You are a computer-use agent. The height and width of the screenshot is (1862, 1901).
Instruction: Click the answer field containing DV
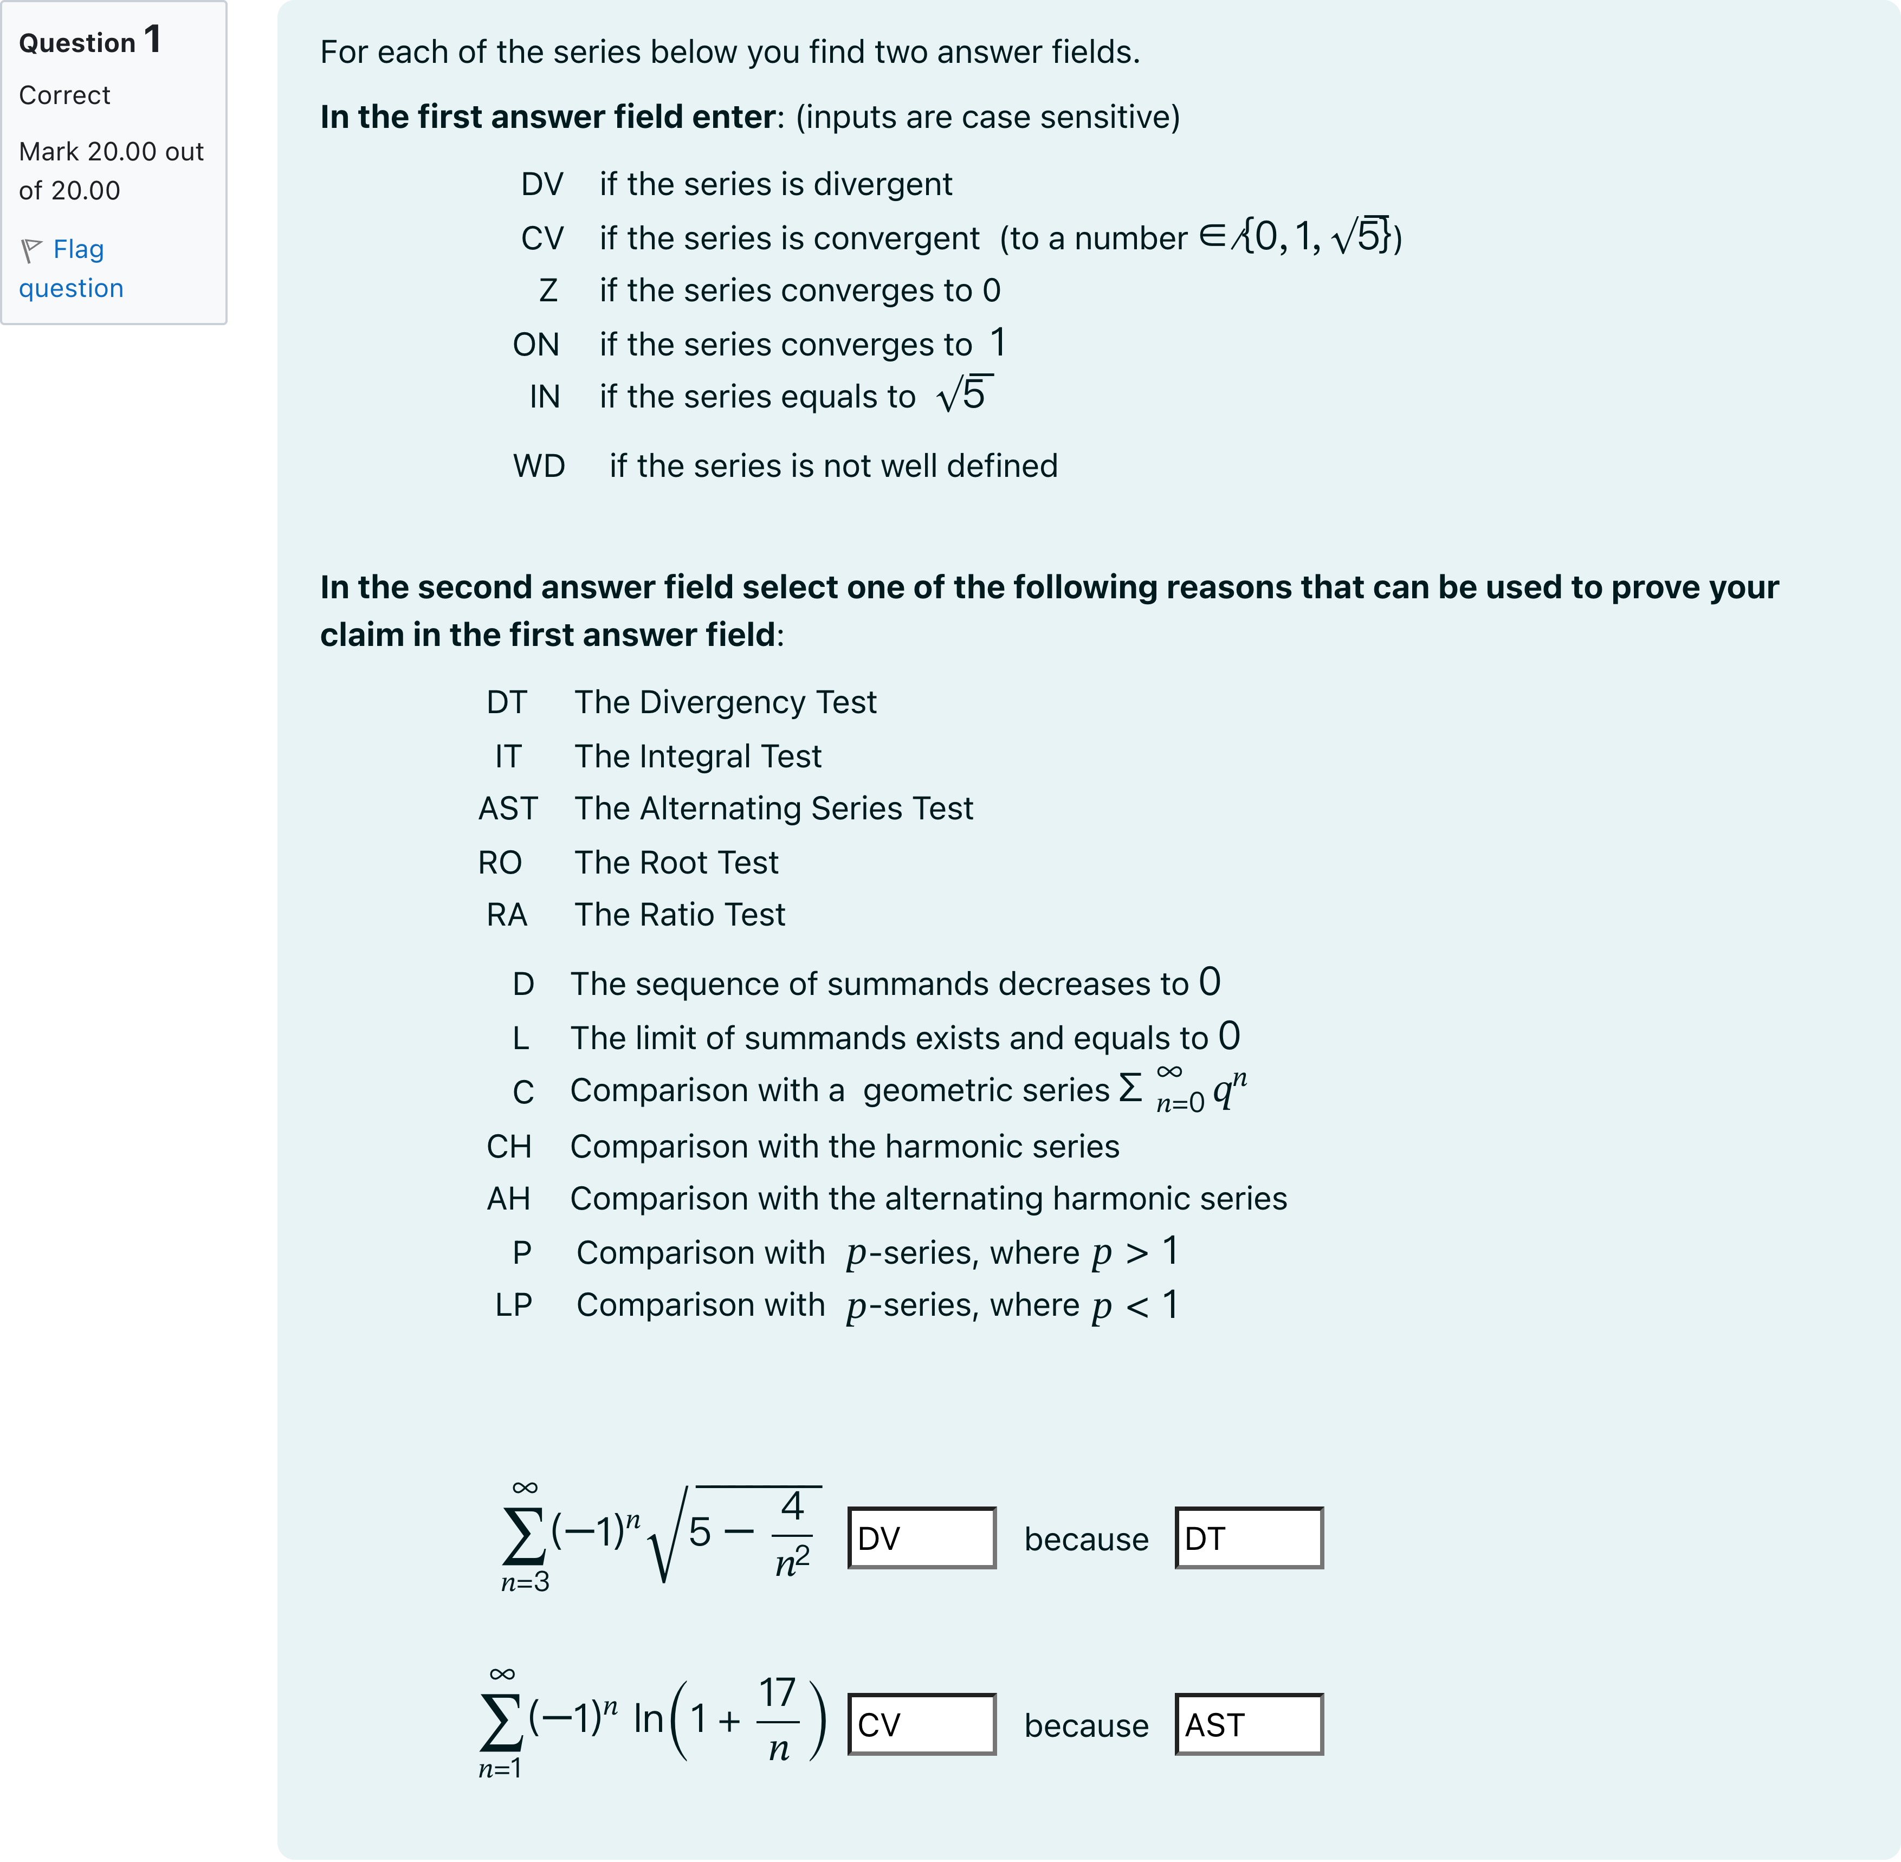921,1538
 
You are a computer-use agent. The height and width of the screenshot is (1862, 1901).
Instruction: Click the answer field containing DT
1249,1538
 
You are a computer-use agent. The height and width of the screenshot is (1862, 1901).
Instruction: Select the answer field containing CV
921,1724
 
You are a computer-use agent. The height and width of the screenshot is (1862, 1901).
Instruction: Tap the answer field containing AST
1249,1724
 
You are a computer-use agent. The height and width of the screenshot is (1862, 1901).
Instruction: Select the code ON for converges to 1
536,344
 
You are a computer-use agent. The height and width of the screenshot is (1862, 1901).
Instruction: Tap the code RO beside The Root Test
500,863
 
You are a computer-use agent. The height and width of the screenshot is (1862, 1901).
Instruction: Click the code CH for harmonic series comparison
508,1146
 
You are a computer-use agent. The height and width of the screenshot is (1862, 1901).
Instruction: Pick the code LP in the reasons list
513,1304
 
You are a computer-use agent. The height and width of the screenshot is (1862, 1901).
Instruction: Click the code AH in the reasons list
508,1199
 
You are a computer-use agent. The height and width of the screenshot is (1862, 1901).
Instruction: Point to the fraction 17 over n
778,1719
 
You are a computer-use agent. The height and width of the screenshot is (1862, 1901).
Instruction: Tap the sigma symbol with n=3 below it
524,1535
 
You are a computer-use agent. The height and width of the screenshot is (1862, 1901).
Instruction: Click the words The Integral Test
697,756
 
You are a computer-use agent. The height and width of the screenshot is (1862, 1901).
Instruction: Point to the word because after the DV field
1085,1539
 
